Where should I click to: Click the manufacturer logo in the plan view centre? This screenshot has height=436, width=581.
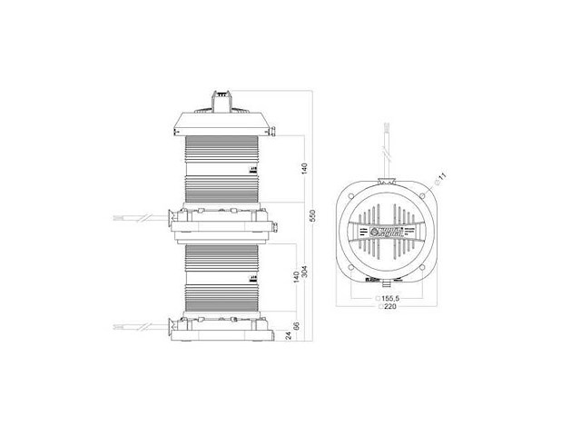click(x=386, y=233)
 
